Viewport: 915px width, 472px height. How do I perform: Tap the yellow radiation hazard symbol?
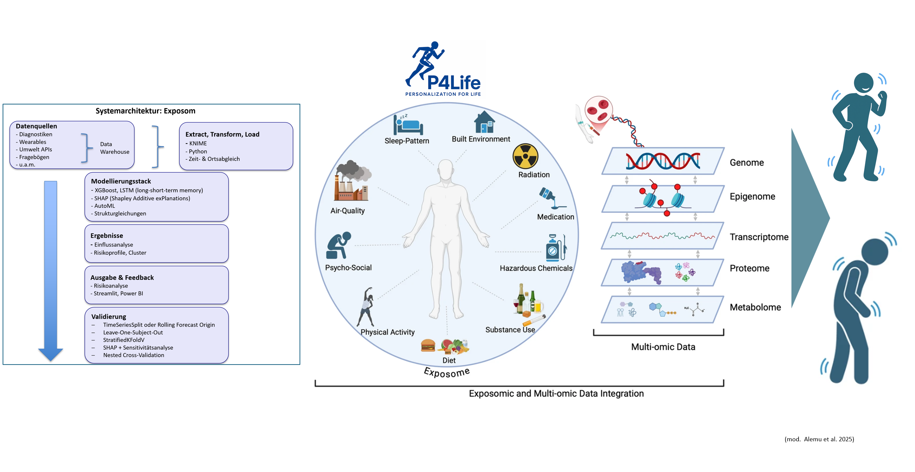click(525, 156)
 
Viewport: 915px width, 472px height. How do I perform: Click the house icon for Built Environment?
click(485, 122)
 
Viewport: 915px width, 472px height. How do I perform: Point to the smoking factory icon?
click(351, 181)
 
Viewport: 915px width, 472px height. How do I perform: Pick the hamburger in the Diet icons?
click(428, 345)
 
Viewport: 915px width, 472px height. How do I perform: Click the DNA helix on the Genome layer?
click(663, 161)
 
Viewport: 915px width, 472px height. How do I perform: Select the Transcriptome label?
click(759, 237)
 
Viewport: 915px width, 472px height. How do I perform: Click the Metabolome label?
click(755, 307)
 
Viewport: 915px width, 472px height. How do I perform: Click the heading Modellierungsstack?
click(121, 181)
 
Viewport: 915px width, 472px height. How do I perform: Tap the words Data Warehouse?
click(114, 148)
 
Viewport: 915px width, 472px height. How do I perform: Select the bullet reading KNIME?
click(197, 144)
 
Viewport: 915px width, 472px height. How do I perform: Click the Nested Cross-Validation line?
click(134, 355)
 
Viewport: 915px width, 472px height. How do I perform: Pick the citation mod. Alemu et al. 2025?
click(819, 439)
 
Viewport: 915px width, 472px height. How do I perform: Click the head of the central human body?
click(445, 170)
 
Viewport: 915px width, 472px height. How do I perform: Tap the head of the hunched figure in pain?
click(875, 252)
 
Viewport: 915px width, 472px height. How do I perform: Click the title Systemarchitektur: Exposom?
click(145, 111)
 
